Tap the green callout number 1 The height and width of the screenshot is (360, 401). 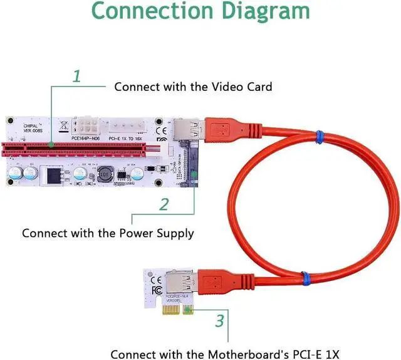pos(77,77)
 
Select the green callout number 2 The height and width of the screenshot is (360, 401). pos(164,205)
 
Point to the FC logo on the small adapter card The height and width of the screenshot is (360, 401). pos(157,290)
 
